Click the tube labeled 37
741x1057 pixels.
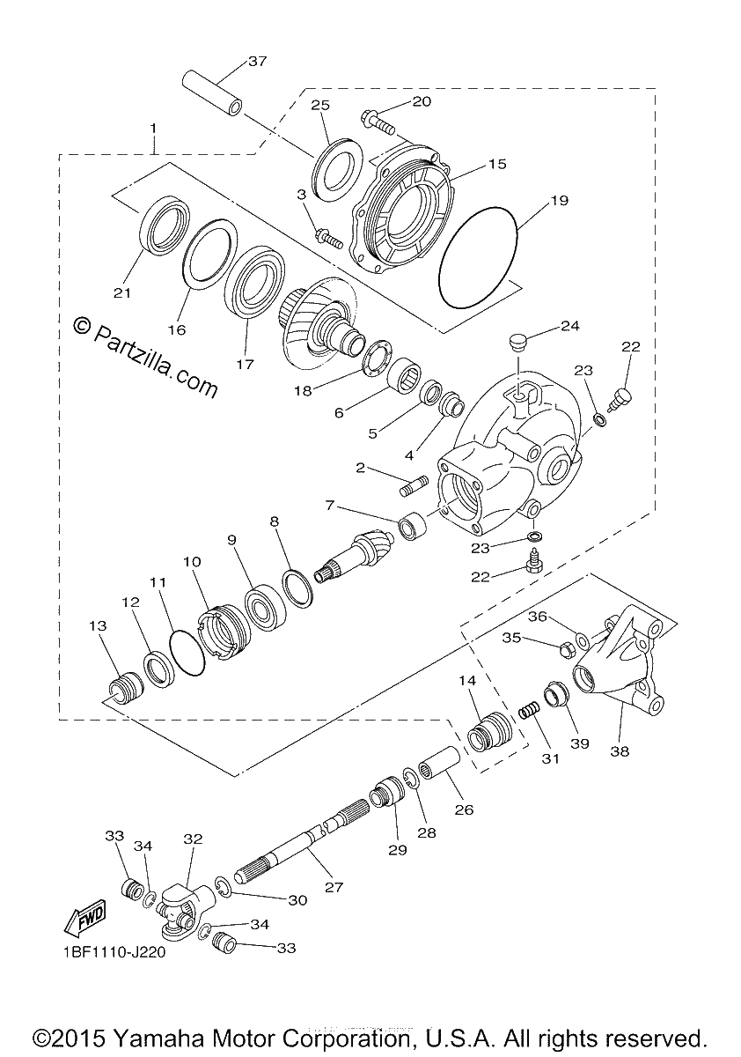coord(213,92)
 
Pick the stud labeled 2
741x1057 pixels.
coord(414,486)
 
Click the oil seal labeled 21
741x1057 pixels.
coord(165,222)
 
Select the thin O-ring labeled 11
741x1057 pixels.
coord(187,653)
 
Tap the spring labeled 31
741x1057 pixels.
coord(528,711)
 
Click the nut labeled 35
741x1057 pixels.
coord(566,650)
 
